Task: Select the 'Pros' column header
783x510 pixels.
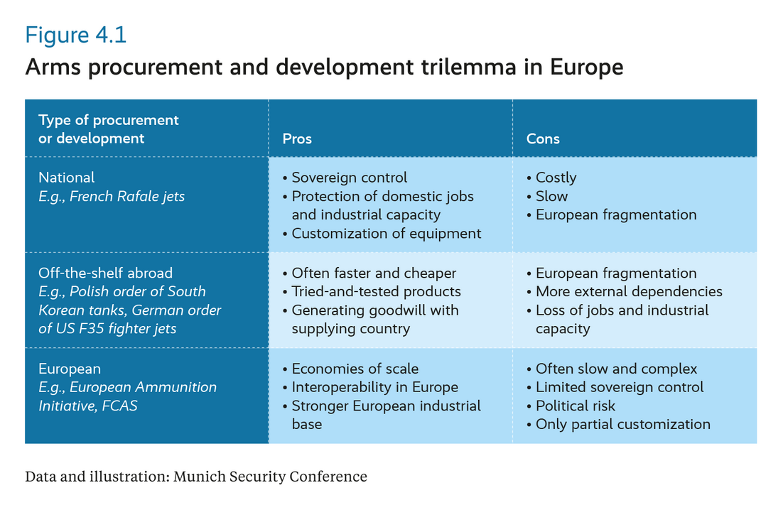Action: click(x=297, y=139)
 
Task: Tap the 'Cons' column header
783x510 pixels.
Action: click(x=543, y=139)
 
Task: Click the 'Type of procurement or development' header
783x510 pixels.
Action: click(x=109, y=129)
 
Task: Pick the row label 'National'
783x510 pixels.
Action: click(x=67, y=178)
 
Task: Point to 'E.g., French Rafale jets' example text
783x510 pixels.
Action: click(x=112, y=196)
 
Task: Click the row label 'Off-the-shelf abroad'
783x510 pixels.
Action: click(x=105, y=273)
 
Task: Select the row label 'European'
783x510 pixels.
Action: click(x=70, y=369)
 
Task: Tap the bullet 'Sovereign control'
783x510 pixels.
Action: click(x=349, y=178)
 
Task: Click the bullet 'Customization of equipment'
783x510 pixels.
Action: click(x=386, y=233)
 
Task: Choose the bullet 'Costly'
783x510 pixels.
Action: click(x=556, y=178)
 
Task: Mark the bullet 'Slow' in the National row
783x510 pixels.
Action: click(x=551, y=196)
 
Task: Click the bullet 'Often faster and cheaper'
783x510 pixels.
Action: click(x=374, y=273)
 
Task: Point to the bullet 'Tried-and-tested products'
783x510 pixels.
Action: click(x=376, y=291)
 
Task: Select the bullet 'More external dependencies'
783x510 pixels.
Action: click(x=628, y=291)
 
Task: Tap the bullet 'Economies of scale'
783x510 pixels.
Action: click(x=355, y=369)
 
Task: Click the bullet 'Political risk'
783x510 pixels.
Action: click(x=575, y=406)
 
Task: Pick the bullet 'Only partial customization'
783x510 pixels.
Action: click(x=622, y=424)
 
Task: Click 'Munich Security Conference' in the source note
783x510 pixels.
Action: click(x=270, y=477)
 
